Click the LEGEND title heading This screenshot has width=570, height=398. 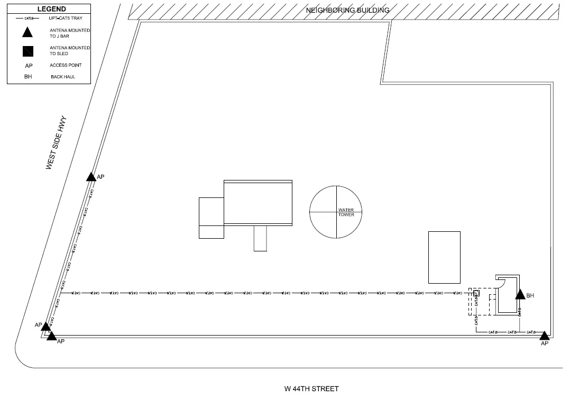pos(51,9)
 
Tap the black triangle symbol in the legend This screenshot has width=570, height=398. pos(27,33)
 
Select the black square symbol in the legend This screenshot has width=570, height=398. pos(27,51)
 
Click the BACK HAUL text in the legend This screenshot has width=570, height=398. pos(63,77)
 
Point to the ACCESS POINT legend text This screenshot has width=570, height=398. pos(66,65)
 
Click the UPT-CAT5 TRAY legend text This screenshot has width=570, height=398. pos(66,18)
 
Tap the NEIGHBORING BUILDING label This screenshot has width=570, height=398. pos(347,10)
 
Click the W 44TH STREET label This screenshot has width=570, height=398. pos(311,388)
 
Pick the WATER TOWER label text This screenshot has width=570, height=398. pos(346,212)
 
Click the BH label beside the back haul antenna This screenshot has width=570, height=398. pos(530,296)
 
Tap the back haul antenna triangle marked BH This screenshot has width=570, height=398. pos(520,295)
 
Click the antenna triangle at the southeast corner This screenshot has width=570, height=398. pos(544,334)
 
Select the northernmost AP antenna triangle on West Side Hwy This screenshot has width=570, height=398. pos(91,176)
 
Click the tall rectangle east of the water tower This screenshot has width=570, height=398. pos(444,257)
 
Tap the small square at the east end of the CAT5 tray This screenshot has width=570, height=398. pos(476,293)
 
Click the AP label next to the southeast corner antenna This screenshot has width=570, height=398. pos(544,343)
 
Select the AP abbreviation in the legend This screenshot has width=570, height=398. pos(29,66)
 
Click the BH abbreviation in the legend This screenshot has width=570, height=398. pos(28,77)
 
